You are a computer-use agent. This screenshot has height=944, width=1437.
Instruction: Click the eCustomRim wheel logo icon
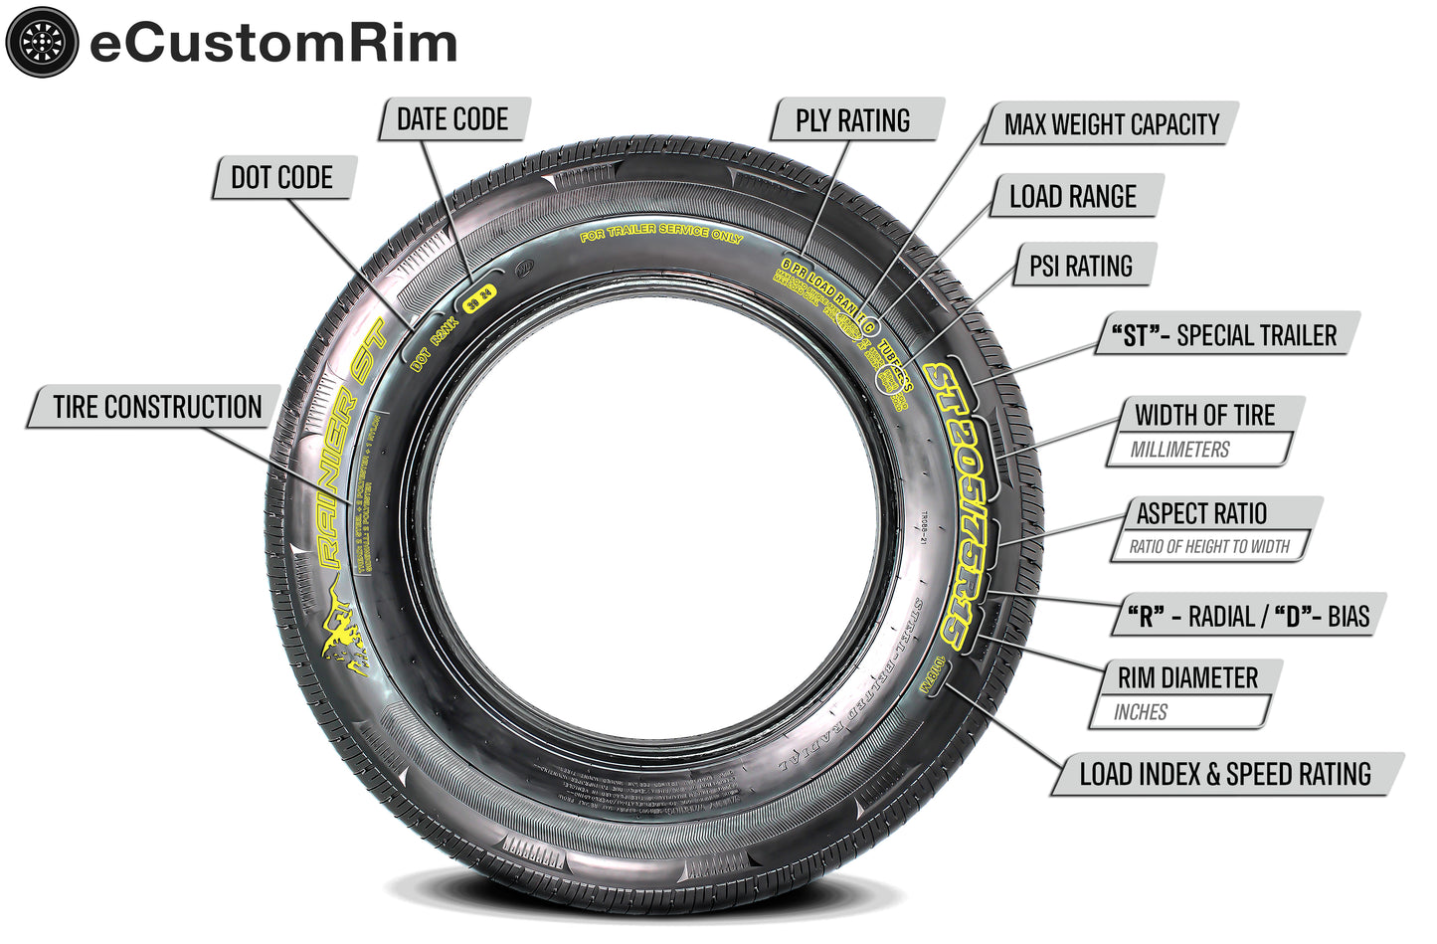point(41,41)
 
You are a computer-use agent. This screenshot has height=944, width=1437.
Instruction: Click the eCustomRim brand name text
point(273,43)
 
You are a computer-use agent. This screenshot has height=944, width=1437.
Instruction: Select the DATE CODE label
point(452,119)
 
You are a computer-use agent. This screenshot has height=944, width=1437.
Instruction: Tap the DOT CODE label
point(281,178)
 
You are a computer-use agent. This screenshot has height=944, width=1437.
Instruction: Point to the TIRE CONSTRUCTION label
point(157,407)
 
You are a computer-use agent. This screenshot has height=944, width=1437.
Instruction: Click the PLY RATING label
point(852,120)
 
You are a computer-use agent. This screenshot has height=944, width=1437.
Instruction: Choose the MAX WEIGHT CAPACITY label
point(1111,124)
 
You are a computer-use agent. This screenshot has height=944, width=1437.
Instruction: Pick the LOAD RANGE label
point(1072,197)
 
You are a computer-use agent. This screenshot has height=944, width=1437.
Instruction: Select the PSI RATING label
point(1080,266)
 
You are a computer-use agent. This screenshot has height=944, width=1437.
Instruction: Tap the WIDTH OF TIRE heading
point(1204,415)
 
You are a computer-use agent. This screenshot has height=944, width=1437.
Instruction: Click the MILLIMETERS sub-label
point(1179,450)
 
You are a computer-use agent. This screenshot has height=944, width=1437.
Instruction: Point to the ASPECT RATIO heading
point(1201,513)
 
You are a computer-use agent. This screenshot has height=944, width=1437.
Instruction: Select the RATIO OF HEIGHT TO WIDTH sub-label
point(1208,546)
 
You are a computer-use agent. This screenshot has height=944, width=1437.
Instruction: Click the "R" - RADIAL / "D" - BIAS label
point(1247,616)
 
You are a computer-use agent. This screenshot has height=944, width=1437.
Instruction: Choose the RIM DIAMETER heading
point(1187,678)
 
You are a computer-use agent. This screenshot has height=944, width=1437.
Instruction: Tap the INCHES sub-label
point(1141,712)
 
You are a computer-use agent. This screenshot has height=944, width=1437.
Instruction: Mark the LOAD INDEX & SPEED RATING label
point(1225,774)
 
